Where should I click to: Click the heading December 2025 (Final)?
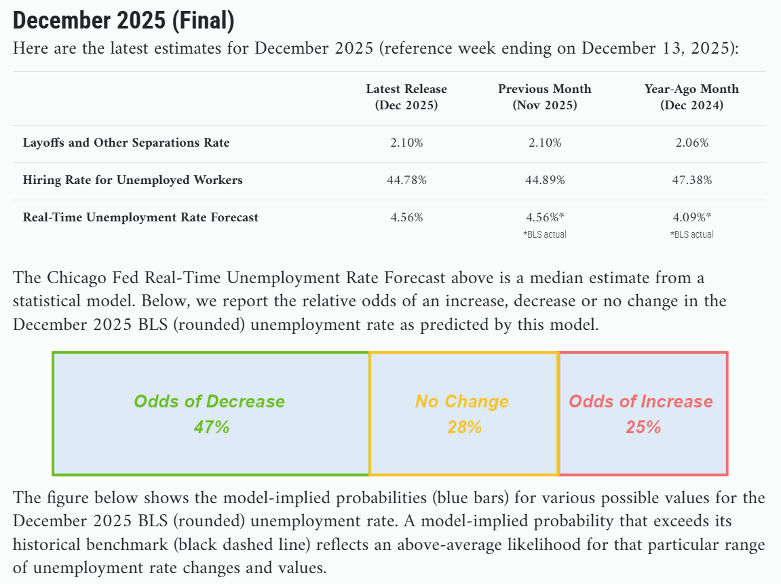click(x=123, y=20)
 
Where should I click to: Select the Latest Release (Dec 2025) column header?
click(x=406, y=96)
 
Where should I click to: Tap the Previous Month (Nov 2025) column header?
click(x=545, y=96)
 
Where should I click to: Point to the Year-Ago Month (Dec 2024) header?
click(x=692, y=96)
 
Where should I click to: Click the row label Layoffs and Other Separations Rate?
click(x=126, y=143)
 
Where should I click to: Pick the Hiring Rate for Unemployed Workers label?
click(x=133, y=180)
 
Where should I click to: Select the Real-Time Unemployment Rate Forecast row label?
click(x=141, y=217)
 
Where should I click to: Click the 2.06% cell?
click(x=692, y=143)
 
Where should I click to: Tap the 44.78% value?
click(x=406, y=180)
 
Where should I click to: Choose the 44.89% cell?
click(x=545, y=180)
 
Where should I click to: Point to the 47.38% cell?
click(x=692, y=180)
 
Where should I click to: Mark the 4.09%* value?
click(x=692, y=217)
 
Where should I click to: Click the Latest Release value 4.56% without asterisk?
click(x=406, y=217)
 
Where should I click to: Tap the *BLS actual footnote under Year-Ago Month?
click(x=692, y=234)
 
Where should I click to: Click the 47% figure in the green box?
click(x=212, y=427)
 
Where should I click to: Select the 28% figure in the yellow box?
click(x=464, y=427)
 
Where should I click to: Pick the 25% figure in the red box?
click(x=643, y=427)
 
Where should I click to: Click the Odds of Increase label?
click(x=641, y=401)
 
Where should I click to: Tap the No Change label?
click(x=462, y=401)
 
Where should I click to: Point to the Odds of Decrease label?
click(x=209, y=401)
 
